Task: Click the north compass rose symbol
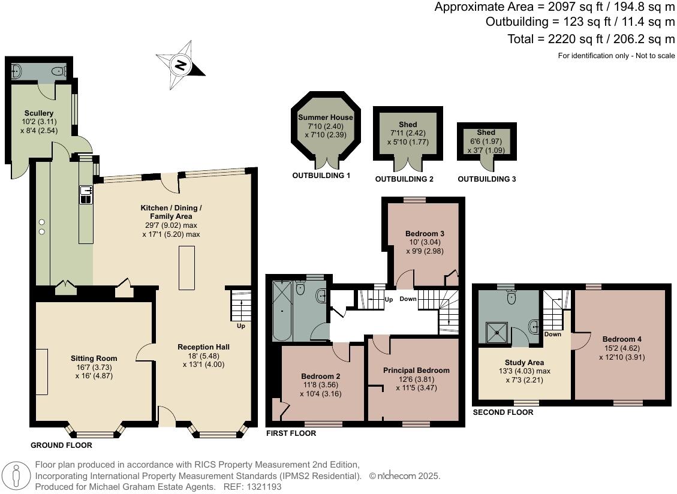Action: click(x=180, y=65)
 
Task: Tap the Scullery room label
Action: click(x=39, y=113)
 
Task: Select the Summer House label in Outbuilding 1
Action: click(x=326, y=118)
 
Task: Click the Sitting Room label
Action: click(x=94, y=359)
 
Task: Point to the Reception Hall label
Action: click(x=203, y=347)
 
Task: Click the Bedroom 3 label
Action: click(x=425, y=234)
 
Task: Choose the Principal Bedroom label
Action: click(x=416, y=370)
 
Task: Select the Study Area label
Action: click(x=524, y=363)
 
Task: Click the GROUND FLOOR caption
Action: click(x=61, y=445)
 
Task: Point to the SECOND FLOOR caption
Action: click(x=503, y=412)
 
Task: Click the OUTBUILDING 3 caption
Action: click(x=486, y=179)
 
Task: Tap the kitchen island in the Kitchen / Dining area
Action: click(x=187, y=268)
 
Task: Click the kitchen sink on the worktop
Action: click(x=86, y=194)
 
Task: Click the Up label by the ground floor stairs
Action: click(x=241, y=326)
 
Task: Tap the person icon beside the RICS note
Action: click(x=16, y=476)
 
